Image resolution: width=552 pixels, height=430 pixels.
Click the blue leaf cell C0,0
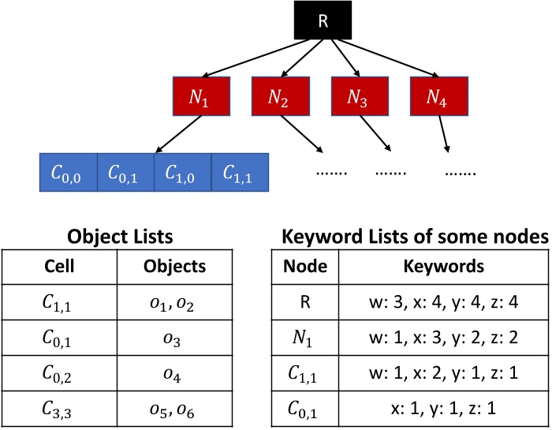pyautogui.click(x=68, y=172)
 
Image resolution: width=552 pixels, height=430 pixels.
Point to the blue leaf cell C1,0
pyautogui.click(x=181, y=172)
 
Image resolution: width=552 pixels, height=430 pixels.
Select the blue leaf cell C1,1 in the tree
pyautogui.click(x=241, y=172)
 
